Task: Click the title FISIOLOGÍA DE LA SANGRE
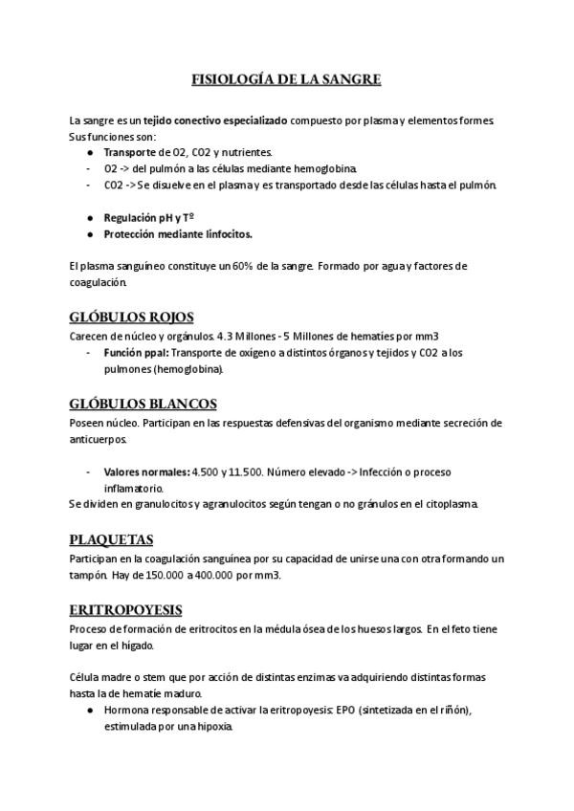[287, 79]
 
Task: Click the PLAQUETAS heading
[111, 539]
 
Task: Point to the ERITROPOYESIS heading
[125, 609]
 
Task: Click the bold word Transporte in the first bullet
[129, 151]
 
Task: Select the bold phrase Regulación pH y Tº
[149, 217]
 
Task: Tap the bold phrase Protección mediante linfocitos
[178, 233]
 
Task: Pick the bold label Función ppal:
[136, 352]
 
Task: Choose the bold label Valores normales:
[146, 471]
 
